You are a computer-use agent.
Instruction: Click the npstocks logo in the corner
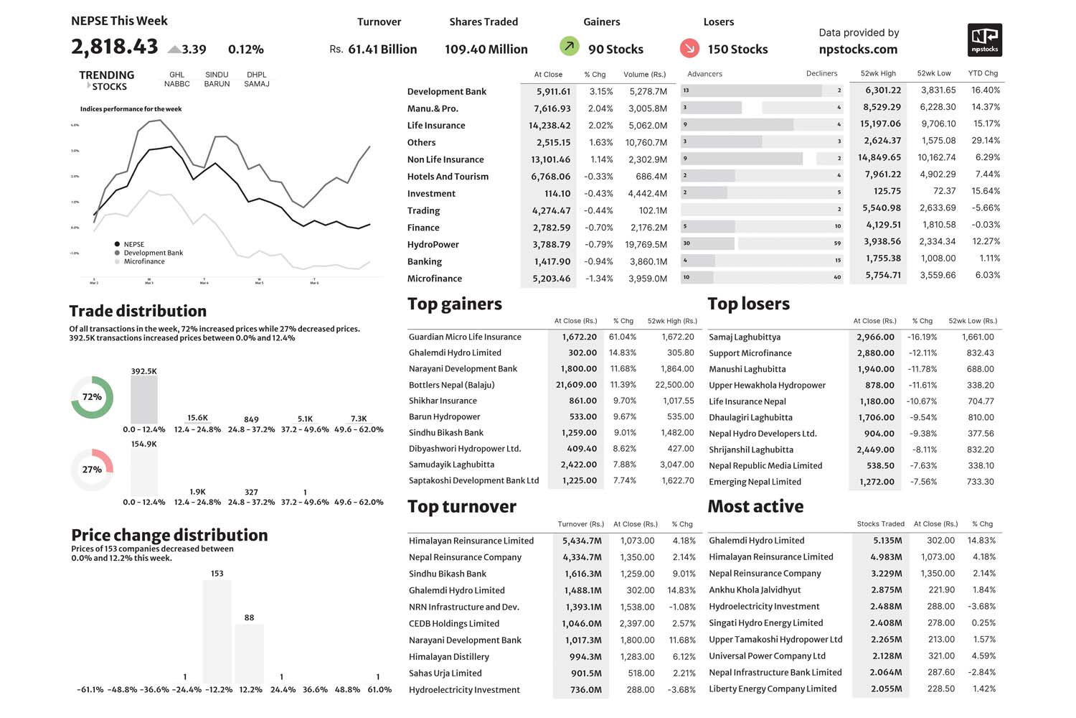click(x=984, y=40)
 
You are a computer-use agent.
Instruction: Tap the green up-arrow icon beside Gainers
click(x=569, y=47)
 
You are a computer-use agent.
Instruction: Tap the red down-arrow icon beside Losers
click(x=689, y=48)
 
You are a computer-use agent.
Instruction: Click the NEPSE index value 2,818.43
click(x=114, y=47)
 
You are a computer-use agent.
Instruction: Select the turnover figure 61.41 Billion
click(x=382, y=50)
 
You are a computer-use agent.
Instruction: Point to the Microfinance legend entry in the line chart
click(x=143, y=261)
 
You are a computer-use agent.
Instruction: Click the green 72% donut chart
click(x=92, y=397)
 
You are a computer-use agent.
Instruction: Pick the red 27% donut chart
click(x=92, y=470)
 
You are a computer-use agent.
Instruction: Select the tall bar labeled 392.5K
click(x=143, y=400)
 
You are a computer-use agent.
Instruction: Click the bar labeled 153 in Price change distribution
click(x=217, y=631)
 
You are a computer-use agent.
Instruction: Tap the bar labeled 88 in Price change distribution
click(x=249, y=653)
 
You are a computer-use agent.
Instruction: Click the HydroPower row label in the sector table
click(x=433, y=245)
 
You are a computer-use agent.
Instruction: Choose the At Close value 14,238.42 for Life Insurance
click(x=550, y=126)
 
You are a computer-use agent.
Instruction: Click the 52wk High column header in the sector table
click(x=878, y=73)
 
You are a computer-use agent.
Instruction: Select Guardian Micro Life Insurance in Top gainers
click(x=465, y=337)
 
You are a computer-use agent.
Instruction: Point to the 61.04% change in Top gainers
click(x=623, y=337)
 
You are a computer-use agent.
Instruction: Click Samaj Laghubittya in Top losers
click(x=745, y=337)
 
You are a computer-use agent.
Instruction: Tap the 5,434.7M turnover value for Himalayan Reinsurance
click(x=582, y=541)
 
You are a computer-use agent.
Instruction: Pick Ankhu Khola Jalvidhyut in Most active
click(x=755, y=590)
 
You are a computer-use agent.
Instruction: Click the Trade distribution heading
click(x=138, y=311)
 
